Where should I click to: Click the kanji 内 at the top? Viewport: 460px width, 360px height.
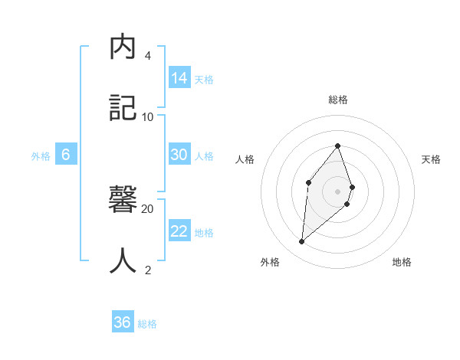(123, 47)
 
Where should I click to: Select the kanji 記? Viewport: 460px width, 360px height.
(123, 107)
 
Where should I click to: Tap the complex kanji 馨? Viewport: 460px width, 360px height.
(123, 202)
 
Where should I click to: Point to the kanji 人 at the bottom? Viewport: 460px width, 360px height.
(123, 261)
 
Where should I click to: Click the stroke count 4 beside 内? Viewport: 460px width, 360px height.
(147, 56)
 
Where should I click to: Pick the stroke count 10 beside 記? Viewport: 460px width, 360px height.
(147, 116)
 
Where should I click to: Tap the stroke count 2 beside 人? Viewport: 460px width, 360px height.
(147, 270)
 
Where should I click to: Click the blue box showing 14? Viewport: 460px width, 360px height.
(179, 77)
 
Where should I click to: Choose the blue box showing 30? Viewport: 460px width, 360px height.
(179, 155)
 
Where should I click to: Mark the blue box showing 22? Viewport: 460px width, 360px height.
(179, 231)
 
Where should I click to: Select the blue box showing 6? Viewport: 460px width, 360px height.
(66, 155)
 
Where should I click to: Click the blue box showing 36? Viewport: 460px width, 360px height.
(123, 322)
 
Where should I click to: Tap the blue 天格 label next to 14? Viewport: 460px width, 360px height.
(204, 79)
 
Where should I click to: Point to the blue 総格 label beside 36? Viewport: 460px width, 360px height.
(147, 324)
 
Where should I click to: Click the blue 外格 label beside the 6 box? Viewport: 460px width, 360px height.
(41, 156)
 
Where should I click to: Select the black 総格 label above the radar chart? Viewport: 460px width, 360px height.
(338, 100)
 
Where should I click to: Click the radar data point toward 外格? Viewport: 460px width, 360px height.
(302, 241)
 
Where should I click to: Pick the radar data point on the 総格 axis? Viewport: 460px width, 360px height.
(337, 146)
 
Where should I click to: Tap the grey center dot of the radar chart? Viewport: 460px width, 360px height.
(337, 191)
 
